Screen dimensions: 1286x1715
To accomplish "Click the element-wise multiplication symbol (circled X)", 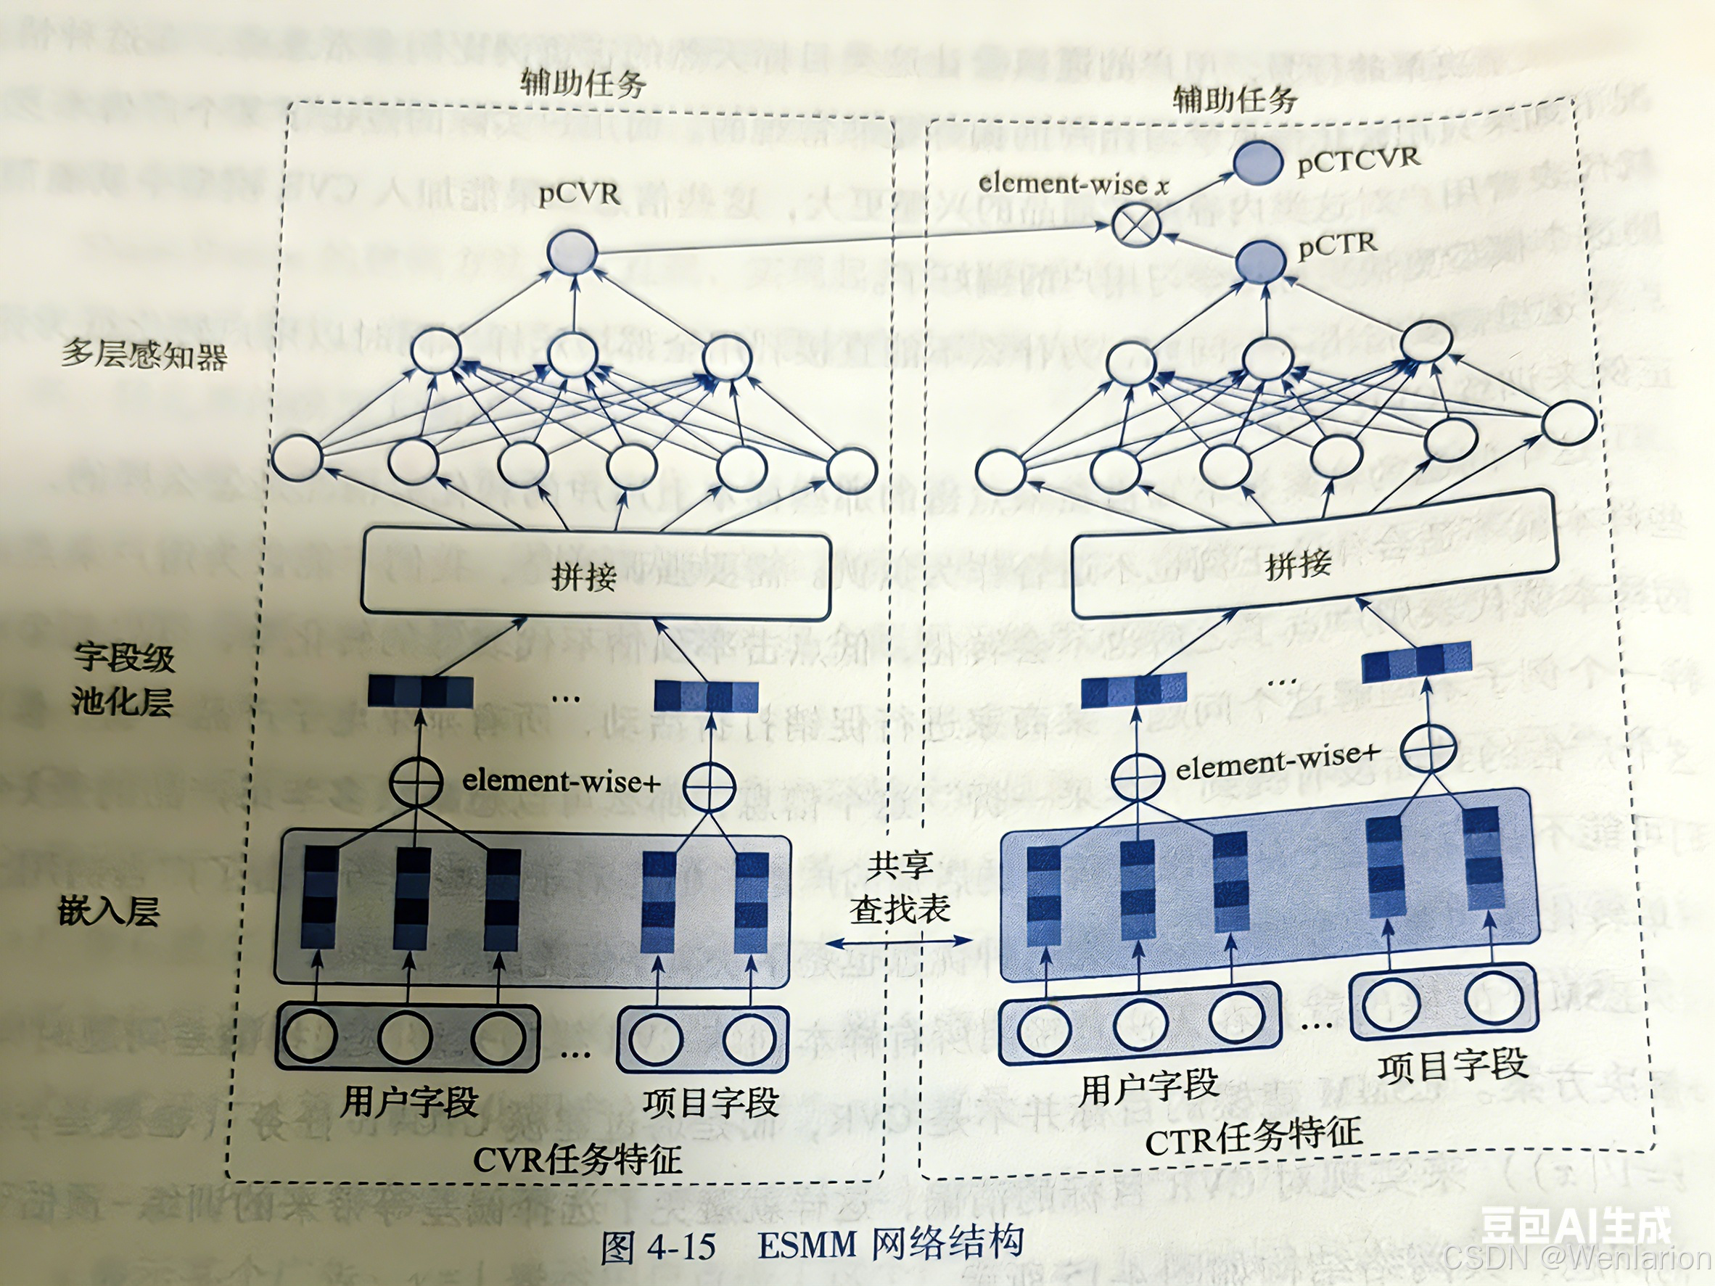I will click(x=1135, y=226).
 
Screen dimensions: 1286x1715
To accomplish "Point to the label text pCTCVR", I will click(x=1357, y=159).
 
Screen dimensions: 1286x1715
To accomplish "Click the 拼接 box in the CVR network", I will click(x=596, y=575).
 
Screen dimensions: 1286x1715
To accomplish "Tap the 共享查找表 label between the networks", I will click(x=900, y=887).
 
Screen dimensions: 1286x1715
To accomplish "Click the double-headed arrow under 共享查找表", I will click(x=899, y=941).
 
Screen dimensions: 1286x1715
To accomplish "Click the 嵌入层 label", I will click(x=109, y=911).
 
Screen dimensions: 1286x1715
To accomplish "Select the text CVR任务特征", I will click(x=577, y=1160).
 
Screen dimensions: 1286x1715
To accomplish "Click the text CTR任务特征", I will click(x=1254, y=1137).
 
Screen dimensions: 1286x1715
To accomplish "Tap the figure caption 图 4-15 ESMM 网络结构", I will click(x=812, y=1244).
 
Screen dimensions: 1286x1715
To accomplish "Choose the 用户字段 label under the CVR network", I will click(x=409, y=1101).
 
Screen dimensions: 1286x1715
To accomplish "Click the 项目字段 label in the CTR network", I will click(x=1452, y=1065).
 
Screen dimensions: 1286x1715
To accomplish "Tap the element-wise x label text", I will click(x=1074, y=184).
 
